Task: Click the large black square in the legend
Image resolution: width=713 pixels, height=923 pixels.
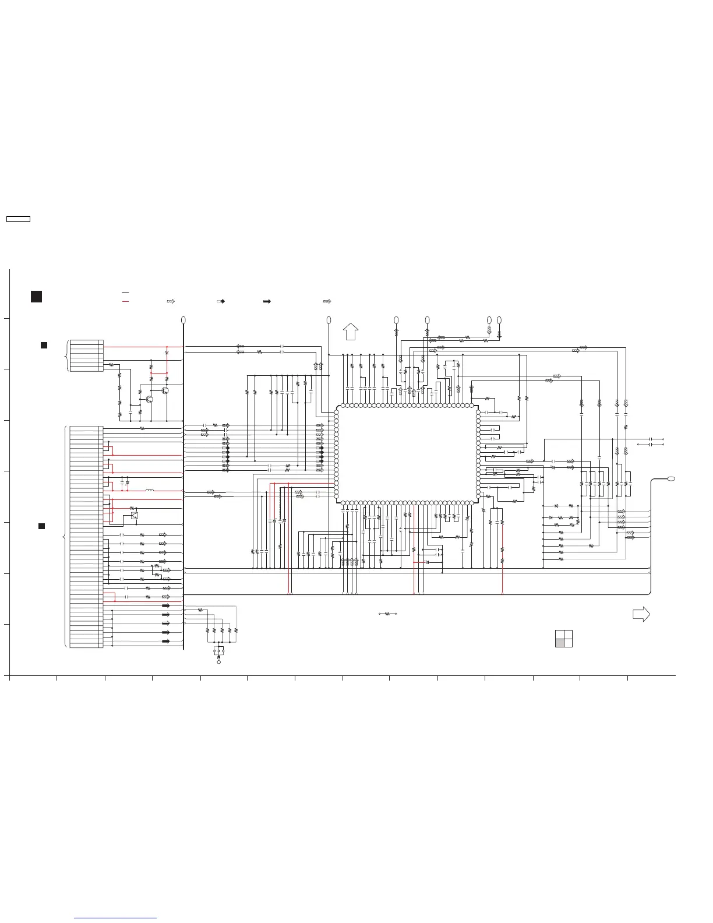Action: [x=36, y=296]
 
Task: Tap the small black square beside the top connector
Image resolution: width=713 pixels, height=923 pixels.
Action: [x=44, y=346]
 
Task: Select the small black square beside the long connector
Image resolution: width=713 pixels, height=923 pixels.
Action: [x=42, y=526]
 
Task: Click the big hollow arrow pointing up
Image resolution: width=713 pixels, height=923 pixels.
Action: [x=350, y=331]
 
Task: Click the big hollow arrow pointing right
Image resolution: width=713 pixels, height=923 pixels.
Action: [x=641, y=614]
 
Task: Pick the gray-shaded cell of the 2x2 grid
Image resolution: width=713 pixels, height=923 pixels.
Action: [x=560, y=643]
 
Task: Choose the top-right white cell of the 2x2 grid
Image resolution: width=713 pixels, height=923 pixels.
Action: [x=568, y=635]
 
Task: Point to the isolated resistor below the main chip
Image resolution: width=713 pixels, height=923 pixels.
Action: [x=387, y=614]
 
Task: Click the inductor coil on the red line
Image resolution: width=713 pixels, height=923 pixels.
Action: [x=150, y=491]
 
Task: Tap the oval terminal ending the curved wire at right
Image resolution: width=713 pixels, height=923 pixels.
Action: [x=671, y=478]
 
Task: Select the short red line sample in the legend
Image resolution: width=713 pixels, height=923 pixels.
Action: [x=125, y=302]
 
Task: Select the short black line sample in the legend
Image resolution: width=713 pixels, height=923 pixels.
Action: [x=125, y=292]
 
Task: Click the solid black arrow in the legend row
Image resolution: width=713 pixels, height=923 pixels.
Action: [x=267, y=302]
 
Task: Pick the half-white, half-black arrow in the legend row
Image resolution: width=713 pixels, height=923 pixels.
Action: [x=221, y=302]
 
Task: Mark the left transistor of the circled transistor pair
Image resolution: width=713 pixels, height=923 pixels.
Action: [x=150, y=399]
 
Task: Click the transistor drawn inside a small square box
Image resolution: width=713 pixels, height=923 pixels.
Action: [x=135, y=515]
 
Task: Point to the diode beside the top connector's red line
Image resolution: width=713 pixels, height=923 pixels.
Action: [x=167, y=353]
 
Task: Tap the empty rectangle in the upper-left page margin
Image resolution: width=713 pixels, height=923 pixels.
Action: [x=18, y=219]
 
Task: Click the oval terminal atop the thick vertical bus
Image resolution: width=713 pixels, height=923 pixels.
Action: [x=183, y=320]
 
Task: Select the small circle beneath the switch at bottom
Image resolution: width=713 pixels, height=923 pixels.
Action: [x=219, y=663]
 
